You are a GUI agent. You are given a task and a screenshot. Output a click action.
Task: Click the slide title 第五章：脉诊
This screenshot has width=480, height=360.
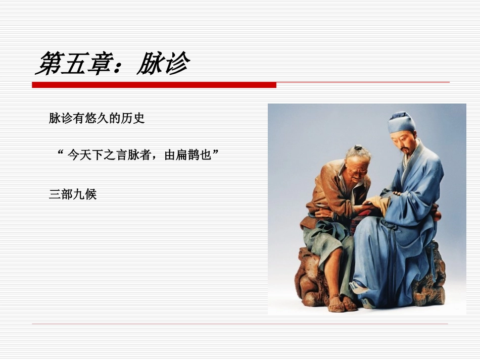coord(112,64)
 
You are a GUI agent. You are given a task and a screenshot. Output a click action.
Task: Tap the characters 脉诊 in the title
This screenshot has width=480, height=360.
coord(163,64)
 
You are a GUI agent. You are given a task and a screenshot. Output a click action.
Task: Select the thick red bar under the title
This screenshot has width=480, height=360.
coord(154,85)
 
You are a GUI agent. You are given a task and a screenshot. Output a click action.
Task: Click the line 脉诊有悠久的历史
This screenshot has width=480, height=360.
coord(97,119)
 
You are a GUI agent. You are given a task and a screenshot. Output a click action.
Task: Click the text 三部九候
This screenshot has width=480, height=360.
coord(73,194)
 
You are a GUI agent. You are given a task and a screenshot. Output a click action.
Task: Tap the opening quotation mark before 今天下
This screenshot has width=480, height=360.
coord(62,153)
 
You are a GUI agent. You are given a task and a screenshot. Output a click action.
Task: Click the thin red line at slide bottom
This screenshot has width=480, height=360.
coord(240,324)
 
